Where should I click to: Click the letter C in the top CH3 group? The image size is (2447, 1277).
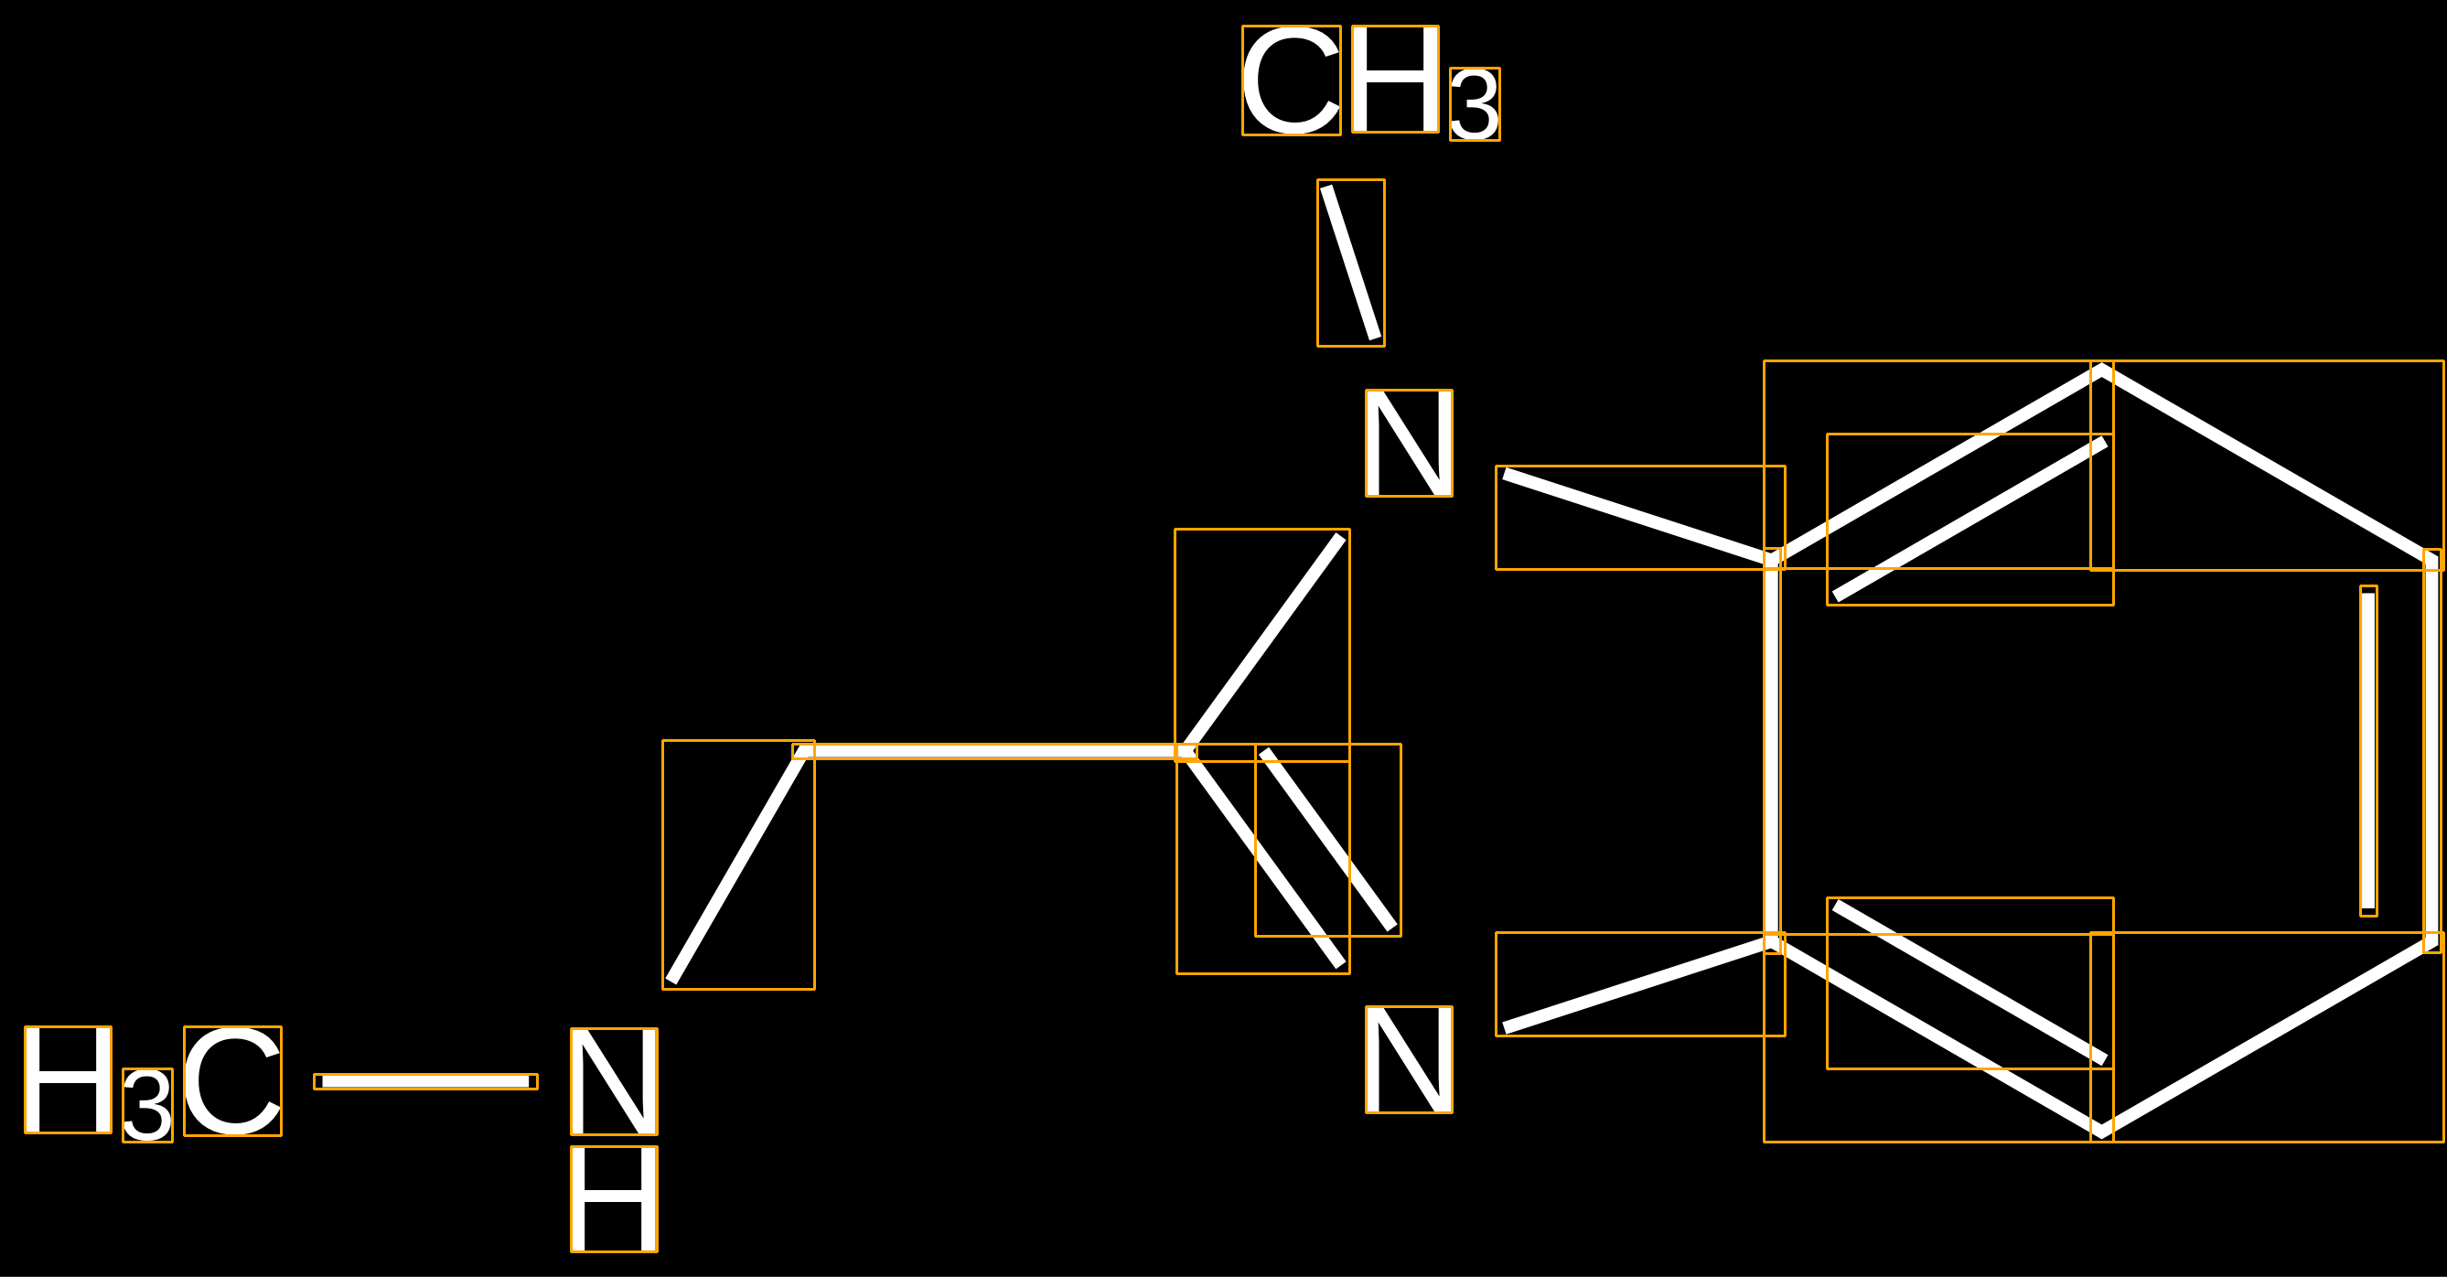tap(1291, 80)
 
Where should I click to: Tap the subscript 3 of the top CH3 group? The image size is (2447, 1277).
tap(1475, 104)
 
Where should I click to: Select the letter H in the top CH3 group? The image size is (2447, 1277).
tap(1394, 79)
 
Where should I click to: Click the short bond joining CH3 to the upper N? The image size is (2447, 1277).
tap(1351, 263)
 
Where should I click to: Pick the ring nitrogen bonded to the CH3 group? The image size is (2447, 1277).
tap(1409, 443)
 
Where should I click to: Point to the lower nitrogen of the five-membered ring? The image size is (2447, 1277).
tap(1409, 1059)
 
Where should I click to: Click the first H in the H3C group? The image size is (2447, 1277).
tap(68, 1079)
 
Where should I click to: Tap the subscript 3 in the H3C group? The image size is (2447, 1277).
tap(147, 1105)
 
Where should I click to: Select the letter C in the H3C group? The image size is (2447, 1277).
tap(232, 1080)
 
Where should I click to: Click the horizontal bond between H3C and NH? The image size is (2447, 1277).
tap(425, 1081)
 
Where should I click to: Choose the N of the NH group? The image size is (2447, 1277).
tap(614, 1081)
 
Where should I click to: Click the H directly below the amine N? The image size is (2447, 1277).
tap(614, 1199)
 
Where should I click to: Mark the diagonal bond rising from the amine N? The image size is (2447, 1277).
tap(738, 864)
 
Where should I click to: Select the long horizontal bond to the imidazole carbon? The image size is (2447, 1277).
tap(994, 752)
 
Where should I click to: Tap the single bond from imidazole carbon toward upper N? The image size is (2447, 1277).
tap(1262, 644)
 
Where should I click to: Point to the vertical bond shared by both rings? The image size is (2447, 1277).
tap(1772, 751)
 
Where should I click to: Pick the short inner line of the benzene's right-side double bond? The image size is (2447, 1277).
tap(2368, 751)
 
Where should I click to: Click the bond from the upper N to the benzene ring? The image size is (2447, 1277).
tap(1639, 518)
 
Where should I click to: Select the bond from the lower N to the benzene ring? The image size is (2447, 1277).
tap(1639, 984)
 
